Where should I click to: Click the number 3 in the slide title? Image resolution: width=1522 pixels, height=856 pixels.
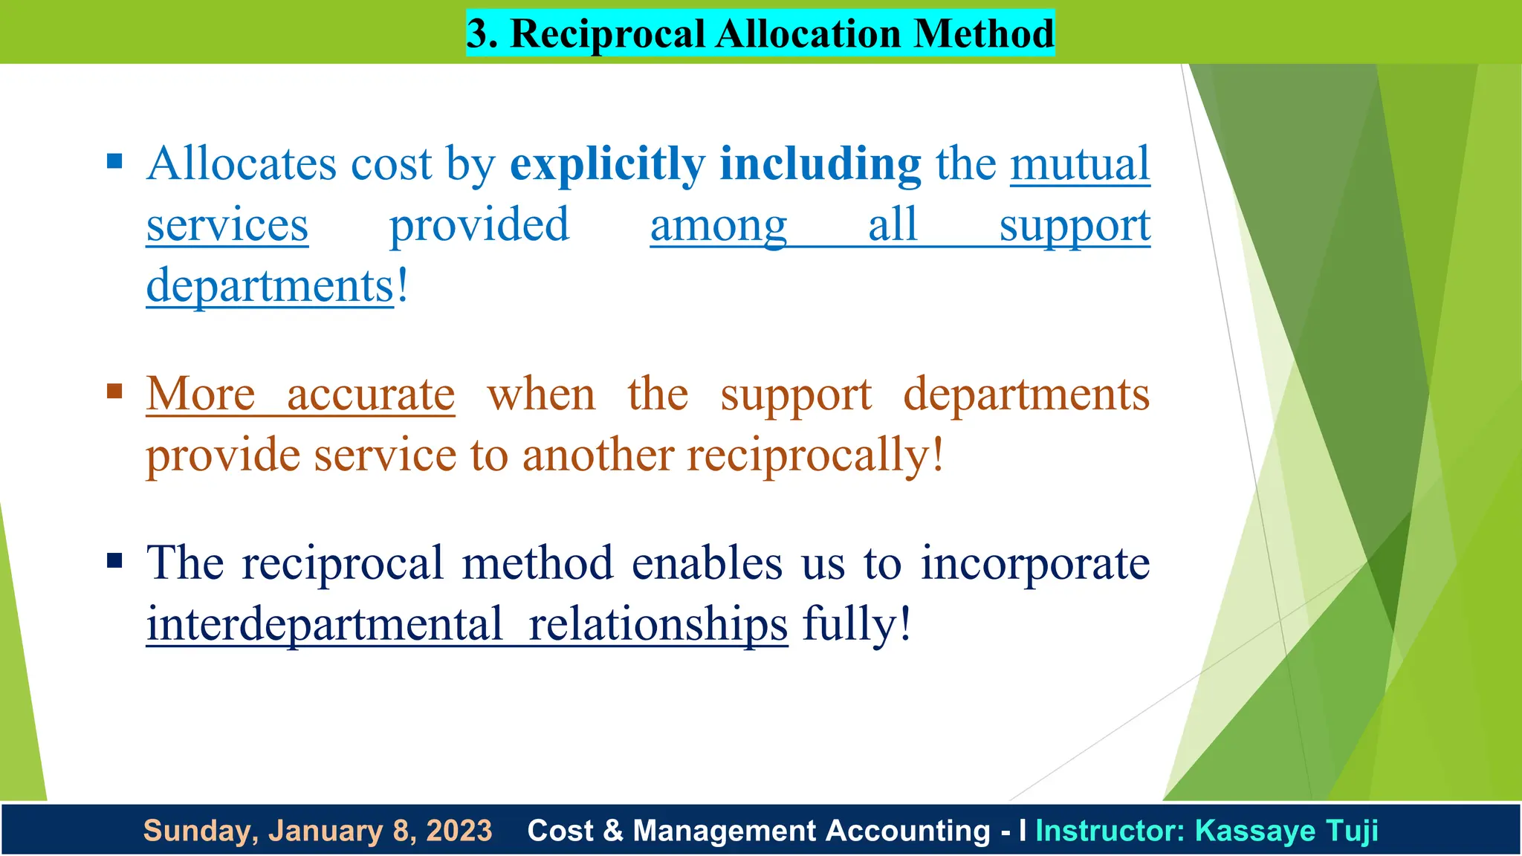(481, 34)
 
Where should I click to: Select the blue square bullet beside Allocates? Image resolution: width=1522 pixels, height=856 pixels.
(114, 161)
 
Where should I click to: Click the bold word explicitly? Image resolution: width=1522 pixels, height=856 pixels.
(606, 164)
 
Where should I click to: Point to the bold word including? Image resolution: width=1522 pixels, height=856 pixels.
(820, 164)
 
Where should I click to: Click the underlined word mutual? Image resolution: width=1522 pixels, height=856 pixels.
(1080, 164)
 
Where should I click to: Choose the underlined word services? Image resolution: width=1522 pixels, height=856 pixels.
(227, 225)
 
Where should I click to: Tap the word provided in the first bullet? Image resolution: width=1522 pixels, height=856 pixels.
(479, 225)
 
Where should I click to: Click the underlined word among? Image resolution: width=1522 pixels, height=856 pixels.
(718, 225)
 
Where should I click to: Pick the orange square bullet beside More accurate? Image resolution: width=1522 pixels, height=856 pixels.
(114, 391)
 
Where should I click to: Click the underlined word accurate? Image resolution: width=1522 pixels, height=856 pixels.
(371, 395)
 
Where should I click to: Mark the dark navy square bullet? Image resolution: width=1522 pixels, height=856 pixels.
(114, 560)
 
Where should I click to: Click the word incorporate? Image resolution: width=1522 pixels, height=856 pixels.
(1035, 563)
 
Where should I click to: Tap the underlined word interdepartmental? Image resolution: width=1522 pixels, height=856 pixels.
(325, 624)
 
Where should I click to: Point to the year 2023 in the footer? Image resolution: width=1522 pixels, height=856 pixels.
(459, 831)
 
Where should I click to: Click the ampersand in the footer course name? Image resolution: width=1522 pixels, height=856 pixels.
(613, 831)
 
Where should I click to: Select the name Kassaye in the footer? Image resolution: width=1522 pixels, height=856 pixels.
(1251, 831)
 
